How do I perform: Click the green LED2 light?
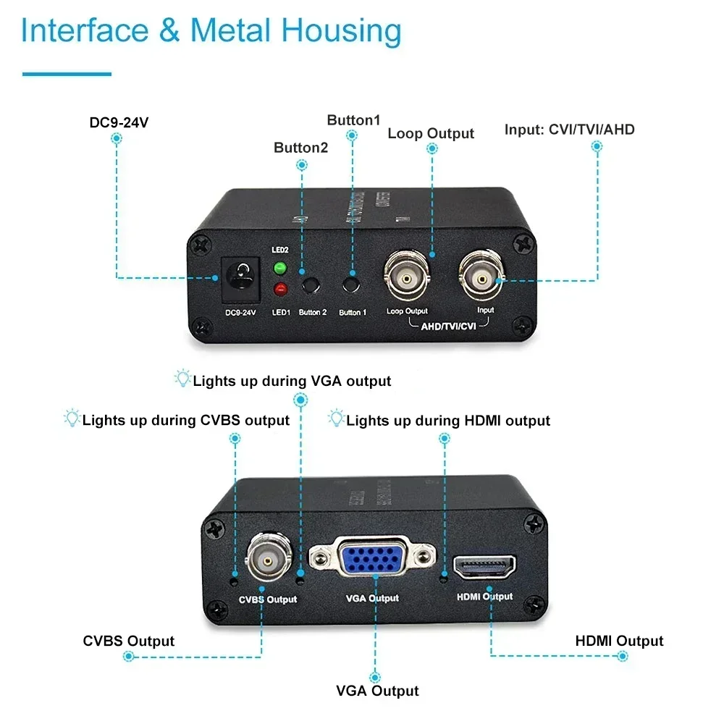[x=279, y=269]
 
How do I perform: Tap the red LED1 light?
[x=279, y=291]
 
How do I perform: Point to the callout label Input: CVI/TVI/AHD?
[x=569, y=130]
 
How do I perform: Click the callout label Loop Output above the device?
[x=431, y=133]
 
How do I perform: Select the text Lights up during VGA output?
[x=292, y=381]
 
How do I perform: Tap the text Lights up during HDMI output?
[x=448, y=421]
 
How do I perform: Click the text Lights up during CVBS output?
[x=186, y=421]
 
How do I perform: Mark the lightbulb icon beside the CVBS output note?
[x=72, y=418]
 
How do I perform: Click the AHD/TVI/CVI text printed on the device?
[x=448, y=327]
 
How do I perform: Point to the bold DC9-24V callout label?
[x=119, y=122]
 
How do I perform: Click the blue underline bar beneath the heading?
[x=67, y=73]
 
